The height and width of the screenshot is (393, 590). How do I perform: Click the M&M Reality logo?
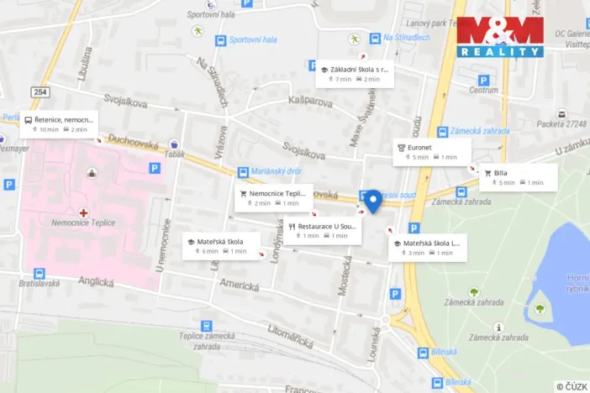(x=500, y=37)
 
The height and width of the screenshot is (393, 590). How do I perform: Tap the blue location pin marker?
(x=372, y=200)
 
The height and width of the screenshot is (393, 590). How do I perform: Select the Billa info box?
(x=518, y=177)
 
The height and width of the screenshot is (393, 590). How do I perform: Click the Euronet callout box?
(x=432, y=151)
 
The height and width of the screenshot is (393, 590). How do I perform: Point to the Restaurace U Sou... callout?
(x=322, y=230)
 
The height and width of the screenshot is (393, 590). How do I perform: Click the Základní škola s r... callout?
(x=355, y=73)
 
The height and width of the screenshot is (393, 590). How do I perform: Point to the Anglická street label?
(x=95, y=284)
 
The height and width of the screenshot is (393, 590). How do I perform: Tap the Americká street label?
(x=238, y=286)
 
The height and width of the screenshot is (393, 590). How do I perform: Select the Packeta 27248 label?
(x=561, y=123)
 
